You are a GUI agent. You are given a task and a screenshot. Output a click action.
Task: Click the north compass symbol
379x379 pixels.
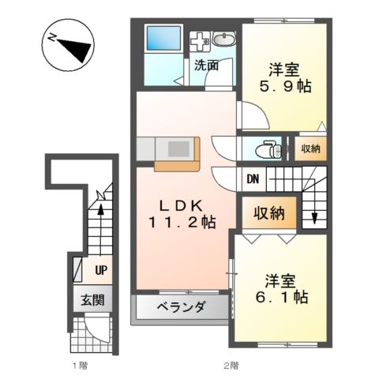(68, 45)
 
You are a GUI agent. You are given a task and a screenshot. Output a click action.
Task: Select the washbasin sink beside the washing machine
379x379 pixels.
(223, 39)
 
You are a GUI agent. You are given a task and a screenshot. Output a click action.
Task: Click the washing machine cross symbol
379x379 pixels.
(200, 41)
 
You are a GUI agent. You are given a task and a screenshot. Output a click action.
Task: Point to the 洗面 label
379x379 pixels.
(206, 66)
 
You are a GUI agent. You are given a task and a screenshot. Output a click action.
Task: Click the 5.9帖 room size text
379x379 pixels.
(285, 86)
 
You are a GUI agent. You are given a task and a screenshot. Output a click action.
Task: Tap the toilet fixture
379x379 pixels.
(268, 149)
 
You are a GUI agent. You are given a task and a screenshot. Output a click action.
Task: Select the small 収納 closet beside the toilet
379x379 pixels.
(310, 148)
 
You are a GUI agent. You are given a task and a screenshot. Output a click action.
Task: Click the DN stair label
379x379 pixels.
(253, 179)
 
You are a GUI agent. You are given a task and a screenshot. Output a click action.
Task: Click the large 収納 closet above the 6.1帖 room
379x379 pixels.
(269, 212)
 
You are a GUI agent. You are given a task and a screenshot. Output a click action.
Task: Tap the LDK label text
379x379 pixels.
(182, 206)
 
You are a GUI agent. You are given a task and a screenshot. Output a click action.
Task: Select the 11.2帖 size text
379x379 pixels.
(182, 223)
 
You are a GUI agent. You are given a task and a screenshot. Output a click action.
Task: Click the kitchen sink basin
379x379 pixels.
(178, 148)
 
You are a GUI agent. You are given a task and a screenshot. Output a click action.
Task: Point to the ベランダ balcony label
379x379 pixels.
(182, 306)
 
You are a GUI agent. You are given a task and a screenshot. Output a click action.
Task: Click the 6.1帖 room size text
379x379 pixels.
(281, 297)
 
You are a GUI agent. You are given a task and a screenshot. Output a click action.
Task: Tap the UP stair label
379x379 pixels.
(101, 270)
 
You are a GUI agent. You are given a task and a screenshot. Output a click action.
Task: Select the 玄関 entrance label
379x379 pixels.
(92, 300)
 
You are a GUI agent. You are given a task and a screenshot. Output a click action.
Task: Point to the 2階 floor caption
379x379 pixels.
(231, 366)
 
